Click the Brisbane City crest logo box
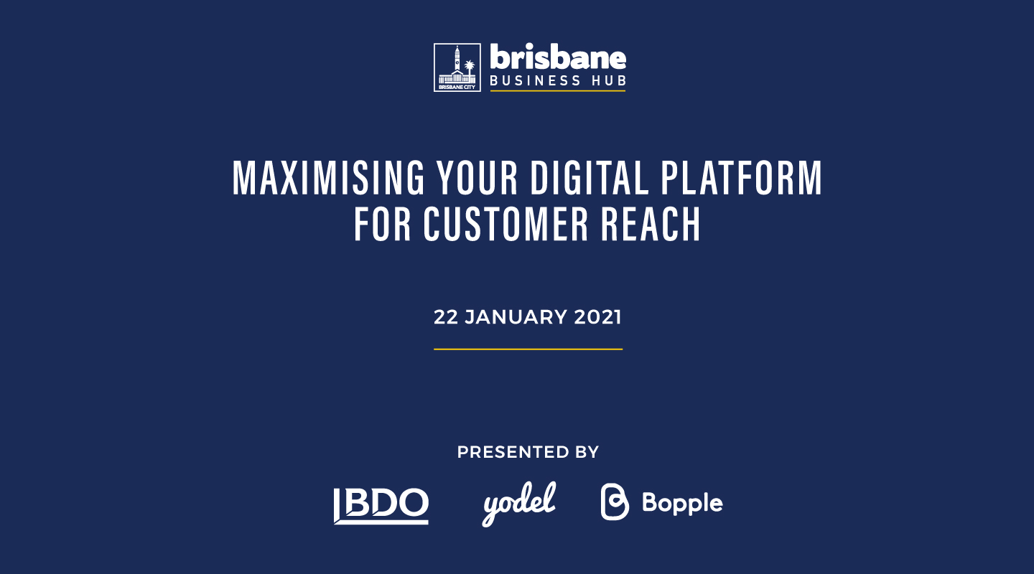point(457,67)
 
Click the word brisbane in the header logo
point(558,57)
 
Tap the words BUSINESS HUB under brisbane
point(558,81)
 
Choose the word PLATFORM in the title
point(741,178)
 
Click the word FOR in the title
point(382,224)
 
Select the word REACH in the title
point(651,224)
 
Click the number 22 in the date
point(445,317)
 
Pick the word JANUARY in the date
point(516,317)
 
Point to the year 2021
point(597,317)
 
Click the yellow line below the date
point(528,349)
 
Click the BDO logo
point(381,506)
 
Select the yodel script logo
point(519,504)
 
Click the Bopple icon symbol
point(615,502)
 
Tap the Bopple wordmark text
point(682,504)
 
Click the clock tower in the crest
point(457,59)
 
